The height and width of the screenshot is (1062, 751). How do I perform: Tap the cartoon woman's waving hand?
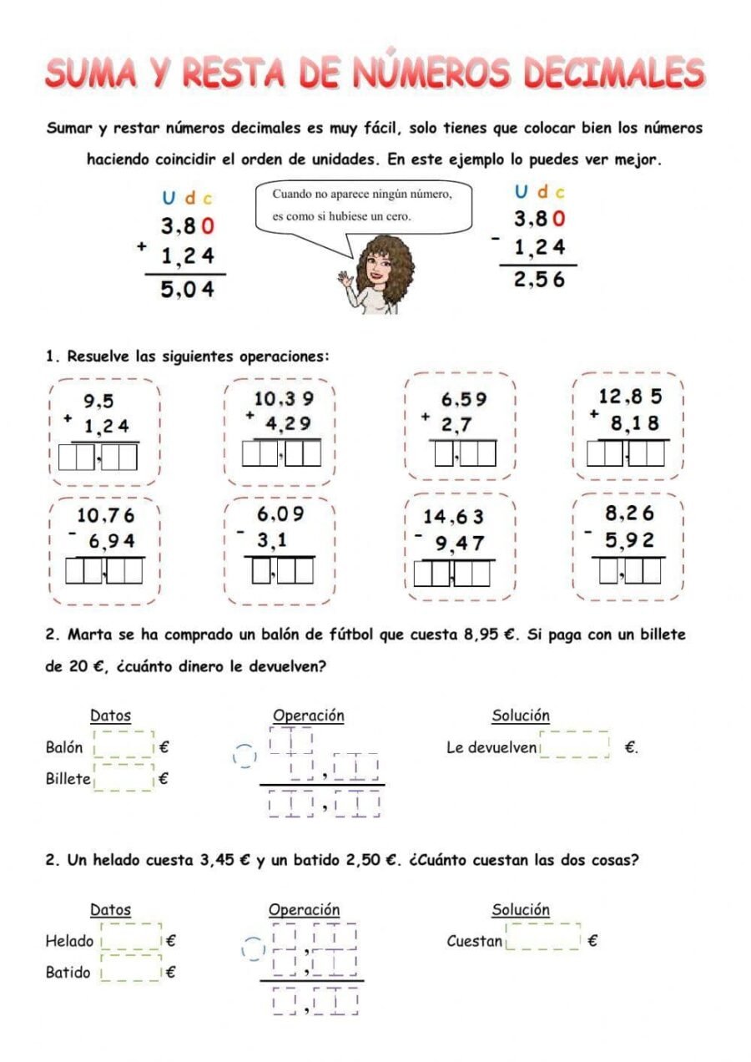pos(344,278)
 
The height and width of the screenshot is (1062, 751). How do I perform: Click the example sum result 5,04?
pos(188,290)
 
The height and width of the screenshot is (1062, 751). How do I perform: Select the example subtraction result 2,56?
pos(539,281)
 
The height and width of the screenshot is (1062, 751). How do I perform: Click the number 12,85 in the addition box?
pos(630,397)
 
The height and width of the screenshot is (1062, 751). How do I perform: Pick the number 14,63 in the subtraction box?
pos(453,517)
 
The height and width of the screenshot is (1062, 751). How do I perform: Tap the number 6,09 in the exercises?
pos(280,513)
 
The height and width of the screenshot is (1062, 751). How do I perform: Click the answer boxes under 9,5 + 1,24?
pos(98,458)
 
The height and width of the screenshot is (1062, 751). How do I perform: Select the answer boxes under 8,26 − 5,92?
pos(630,571)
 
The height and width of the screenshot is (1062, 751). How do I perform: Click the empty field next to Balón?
pos(124,746)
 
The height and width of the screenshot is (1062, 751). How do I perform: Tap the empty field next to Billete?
pos(124,778)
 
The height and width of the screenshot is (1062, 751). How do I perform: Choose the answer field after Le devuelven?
pos(575,745)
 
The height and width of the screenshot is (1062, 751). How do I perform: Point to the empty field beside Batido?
pos(131,970)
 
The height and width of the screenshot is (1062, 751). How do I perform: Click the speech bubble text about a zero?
pos(362,205)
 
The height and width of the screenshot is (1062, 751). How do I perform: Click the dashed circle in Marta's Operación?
pos(244,756)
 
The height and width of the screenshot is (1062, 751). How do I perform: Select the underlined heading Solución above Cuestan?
pos(521,909)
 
